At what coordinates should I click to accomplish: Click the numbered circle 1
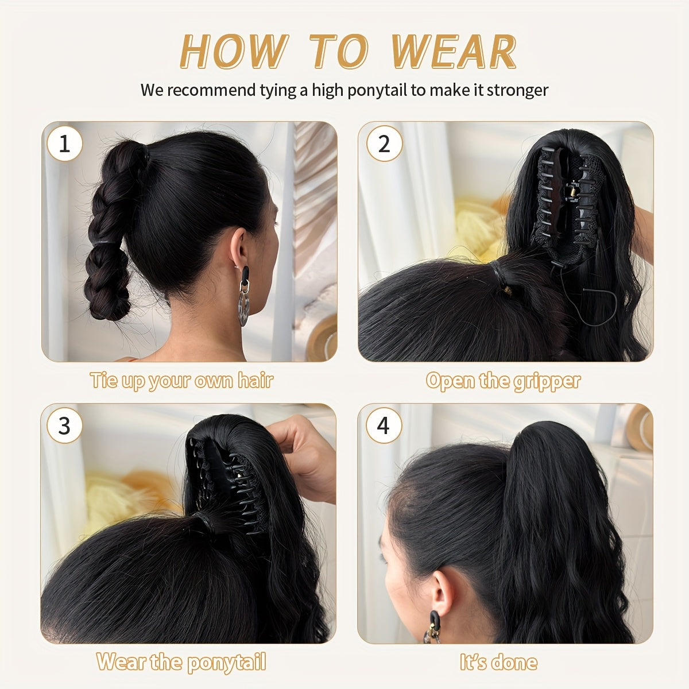(64, 144)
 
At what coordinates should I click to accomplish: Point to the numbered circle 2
(384, 144)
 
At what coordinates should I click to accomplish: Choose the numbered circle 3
(64, 425)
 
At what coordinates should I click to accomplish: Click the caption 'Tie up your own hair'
(181, 380)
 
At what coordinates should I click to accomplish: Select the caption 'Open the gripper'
(504, 380)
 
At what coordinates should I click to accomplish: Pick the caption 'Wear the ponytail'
(181, 661)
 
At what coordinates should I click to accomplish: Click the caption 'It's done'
(498, 661)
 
